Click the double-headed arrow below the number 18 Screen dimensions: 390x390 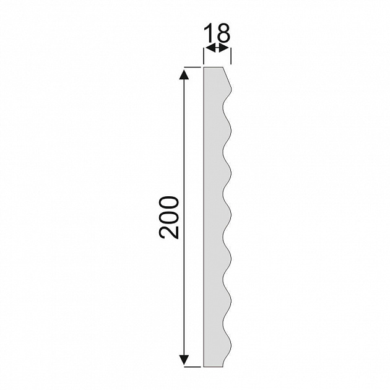(217, 48)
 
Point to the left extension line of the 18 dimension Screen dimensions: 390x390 (204, 54)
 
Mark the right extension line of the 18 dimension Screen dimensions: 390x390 (230, 54)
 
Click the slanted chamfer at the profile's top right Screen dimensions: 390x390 (227, 77)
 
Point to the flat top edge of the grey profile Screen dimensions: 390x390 (214, 67)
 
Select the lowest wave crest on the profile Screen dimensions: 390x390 (232, 342)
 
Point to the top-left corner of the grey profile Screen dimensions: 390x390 (204, 67)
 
